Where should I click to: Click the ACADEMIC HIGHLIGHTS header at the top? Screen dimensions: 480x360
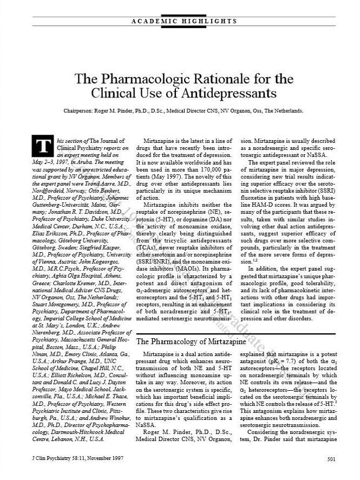click(x=185, y=21)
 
